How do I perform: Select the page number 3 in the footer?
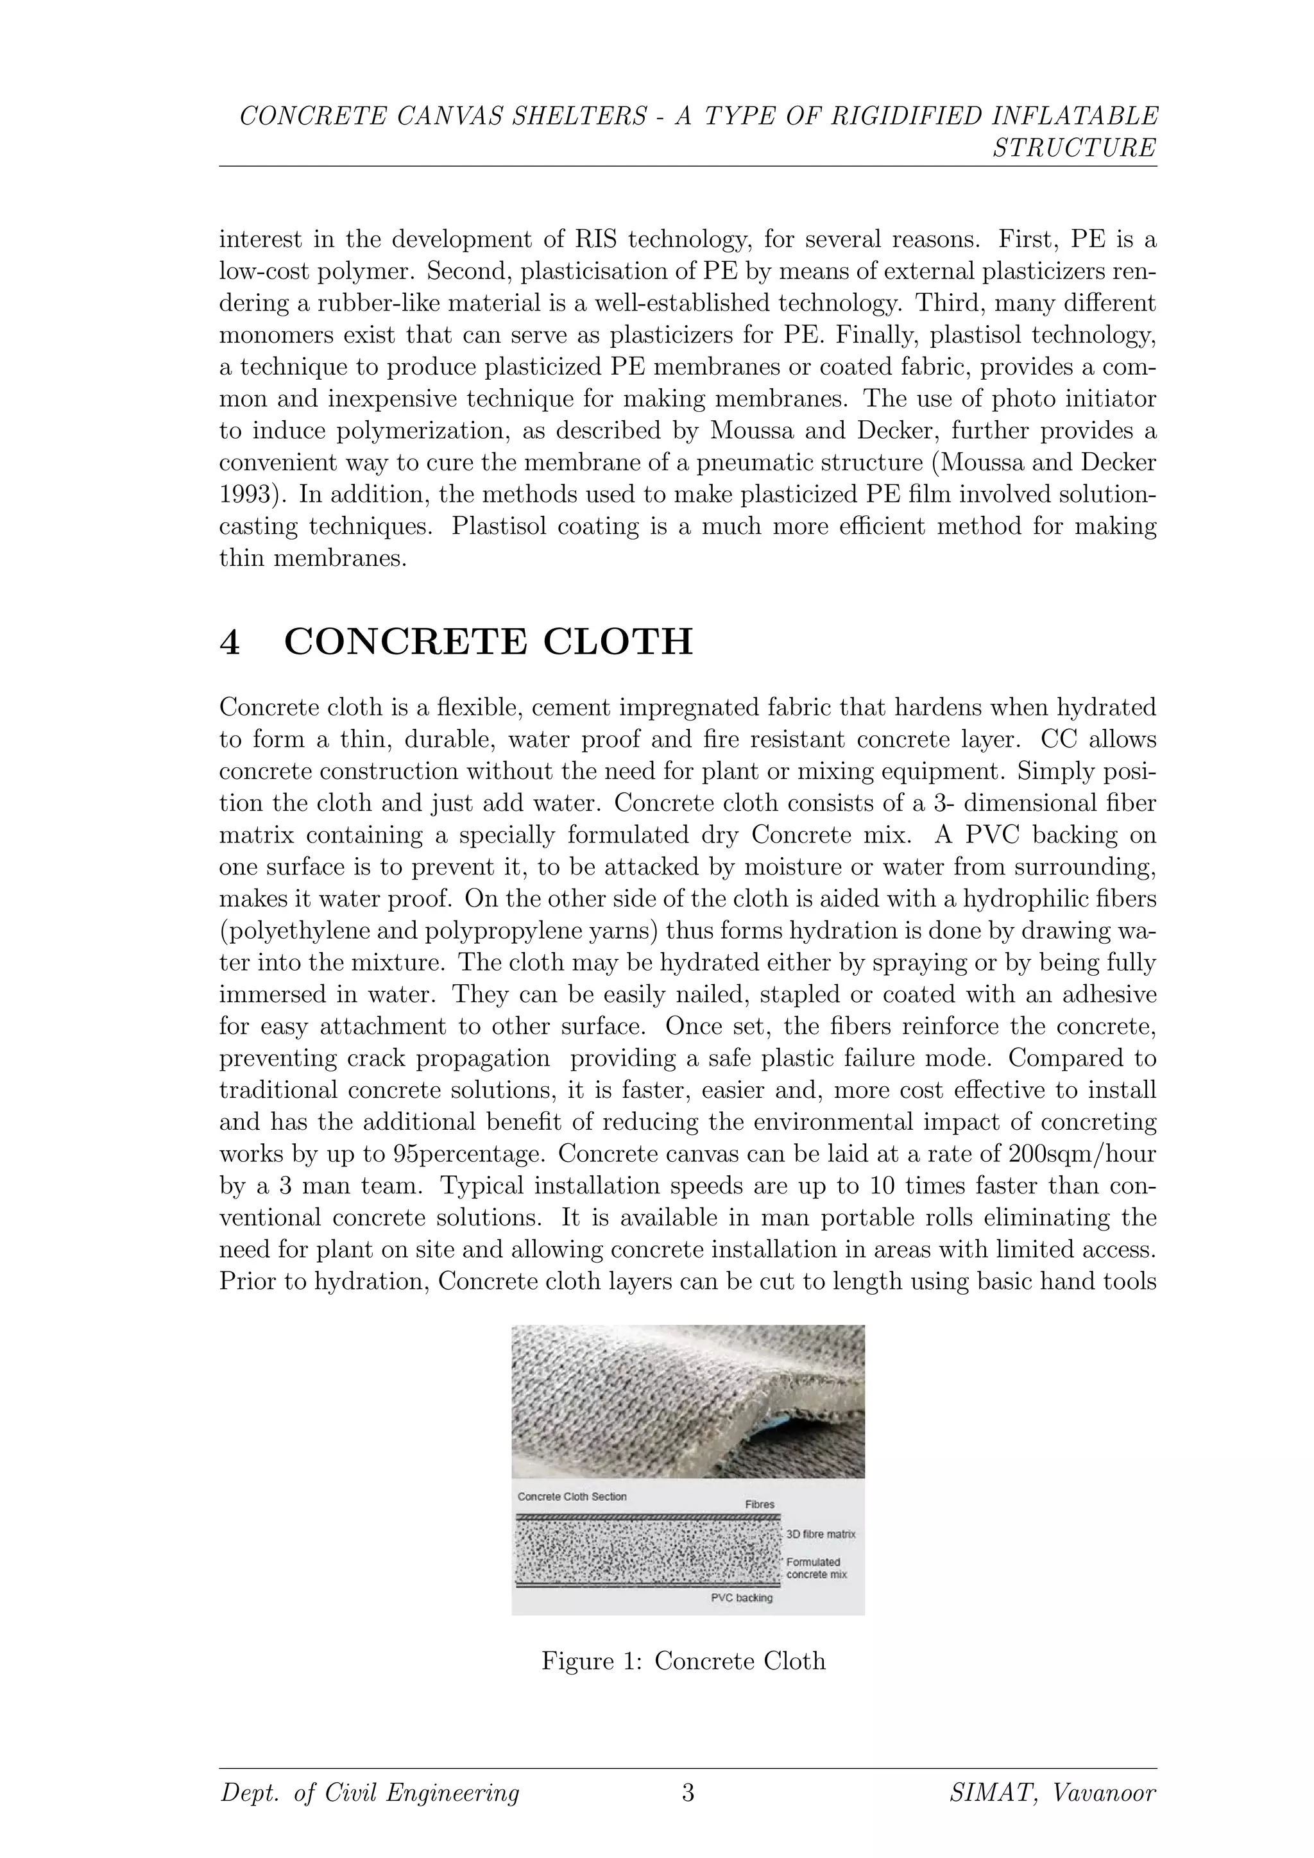(688, 1793)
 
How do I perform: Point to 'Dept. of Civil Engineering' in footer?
(370, 1794)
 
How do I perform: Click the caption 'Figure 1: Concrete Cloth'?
(684, 1660)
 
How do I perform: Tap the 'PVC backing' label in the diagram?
(741, 1598)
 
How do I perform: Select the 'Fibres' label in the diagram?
(760, 1504)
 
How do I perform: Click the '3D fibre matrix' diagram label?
(821, 1533)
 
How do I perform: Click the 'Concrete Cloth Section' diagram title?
(572, 1496)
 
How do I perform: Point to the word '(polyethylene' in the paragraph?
(292, 931)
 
